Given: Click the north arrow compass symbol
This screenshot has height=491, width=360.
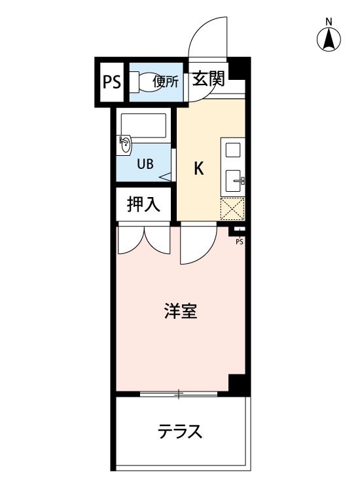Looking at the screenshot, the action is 329,40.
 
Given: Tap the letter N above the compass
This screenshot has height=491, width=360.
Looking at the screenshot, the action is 329,22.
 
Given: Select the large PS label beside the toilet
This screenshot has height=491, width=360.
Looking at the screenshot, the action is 112,82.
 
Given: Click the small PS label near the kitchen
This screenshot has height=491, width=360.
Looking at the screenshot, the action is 240,242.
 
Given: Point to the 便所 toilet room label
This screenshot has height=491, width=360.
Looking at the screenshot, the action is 166,82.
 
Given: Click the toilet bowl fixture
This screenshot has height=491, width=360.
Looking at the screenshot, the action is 145,82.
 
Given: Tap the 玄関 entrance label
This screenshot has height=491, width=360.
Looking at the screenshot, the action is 209,79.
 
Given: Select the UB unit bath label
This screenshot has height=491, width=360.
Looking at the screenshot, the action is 145,164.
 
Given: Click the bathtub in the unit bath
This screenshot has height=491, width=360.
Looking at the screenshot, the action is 144,125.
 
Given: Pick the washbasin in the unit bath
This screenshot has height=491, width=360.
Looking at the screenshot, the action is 125,145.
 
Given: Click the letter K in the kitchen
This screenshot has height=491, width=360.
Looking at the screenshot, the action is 199,168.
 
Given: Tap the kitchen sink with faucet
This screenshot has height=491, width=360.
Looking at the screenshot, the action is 234,181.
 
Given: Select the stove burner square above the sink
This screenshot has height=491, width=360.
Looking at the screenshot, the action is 233,150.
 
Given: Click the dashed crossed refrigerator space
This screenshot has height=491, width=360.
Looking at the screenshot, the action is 232,209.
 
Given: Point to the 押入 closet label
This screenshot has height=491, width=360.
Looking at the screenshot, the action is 143,204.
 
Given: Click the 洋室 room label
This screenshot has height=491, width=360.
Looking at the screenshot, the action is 181,311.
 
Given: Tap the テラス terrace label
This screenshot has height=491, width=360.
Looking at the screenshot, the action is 180,431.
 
